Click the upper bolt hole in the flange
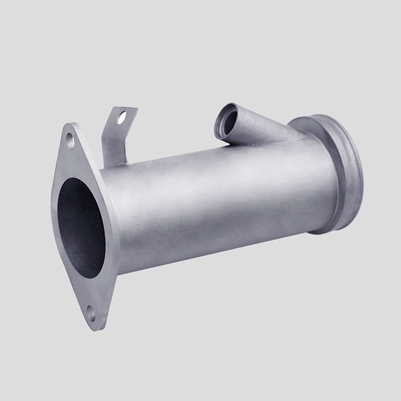pos(70,139)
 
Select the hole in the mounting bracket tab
pos(122,118)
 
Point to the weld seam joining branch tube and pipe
pos(267,142)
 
